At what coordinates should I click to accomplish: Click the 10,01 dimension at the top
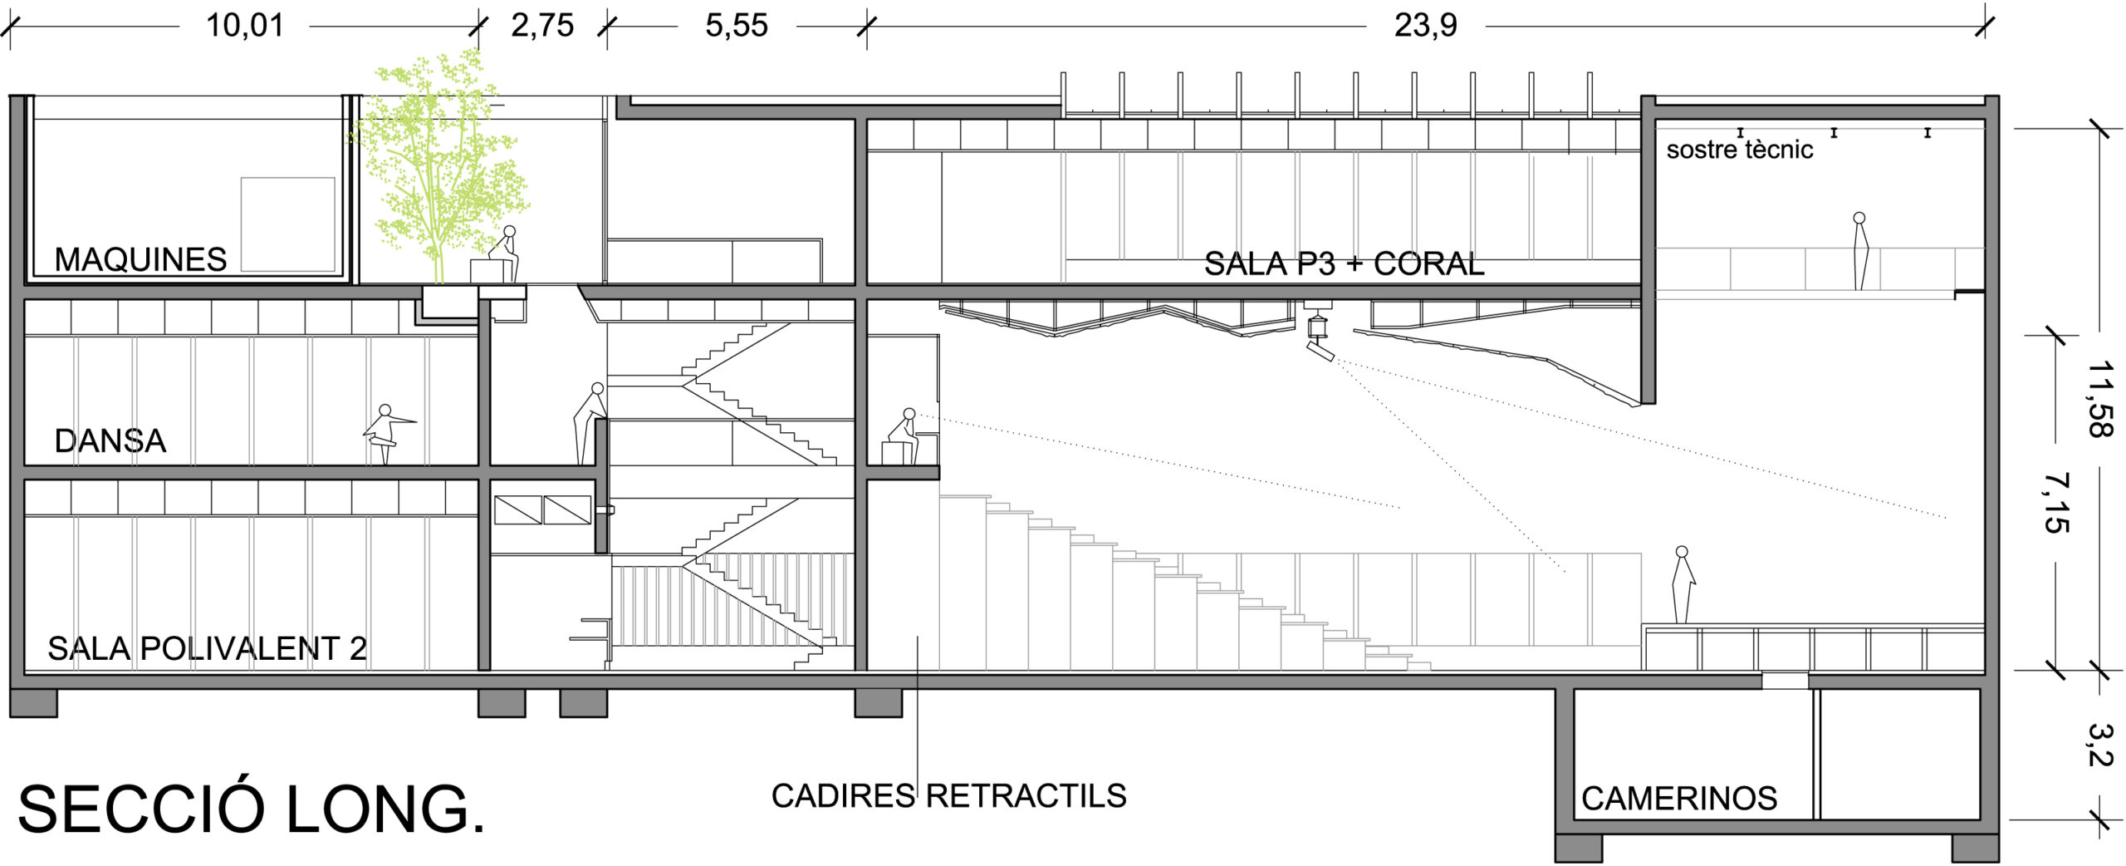pos(245,26)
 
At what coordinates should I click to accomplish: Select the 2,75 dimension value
pos(542,26)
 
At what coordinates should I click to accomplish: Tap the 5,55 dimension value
pos(737,26)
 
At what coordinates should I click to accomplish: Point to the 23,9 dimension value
pos(1425,26)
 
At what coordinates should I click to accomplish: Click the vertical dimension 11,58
pos(2099,399)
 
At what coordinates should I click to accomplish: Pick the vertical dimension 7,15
pos(2056,503)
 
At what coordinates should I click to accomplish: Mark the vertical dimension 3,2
pos(2100,745)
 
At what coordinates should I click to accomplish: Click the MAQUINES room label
pos(140,260)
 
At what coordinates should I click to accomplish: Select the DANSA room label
pos(110,441)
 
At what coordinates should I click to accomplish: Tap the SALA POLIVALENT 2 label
pos(207,649)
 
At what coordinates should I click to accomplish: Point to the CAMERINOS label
pos(1679,799)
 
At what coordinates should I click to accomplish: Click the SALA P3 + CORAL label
pos(1344,264)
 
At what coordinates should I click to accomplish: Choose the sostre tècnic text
pos(1739,150)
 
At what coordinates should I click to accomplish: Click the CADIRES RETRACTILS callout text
pos(948,796)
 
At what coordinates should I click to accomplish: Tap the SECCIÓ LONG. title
pos(251,809)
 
